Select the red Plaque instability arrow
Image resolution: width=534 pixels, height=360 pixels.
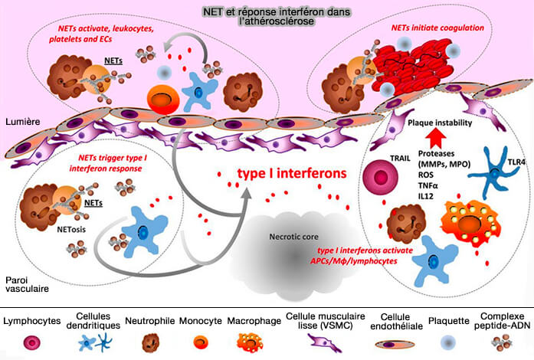[437, 138]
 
